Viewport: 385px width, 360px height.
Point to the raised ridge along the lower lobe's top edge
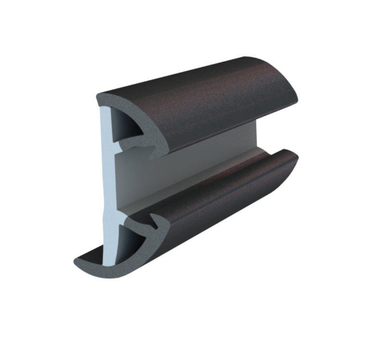point(226,168)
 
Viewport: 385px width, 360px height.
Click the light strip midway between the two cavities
point(108,187)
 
